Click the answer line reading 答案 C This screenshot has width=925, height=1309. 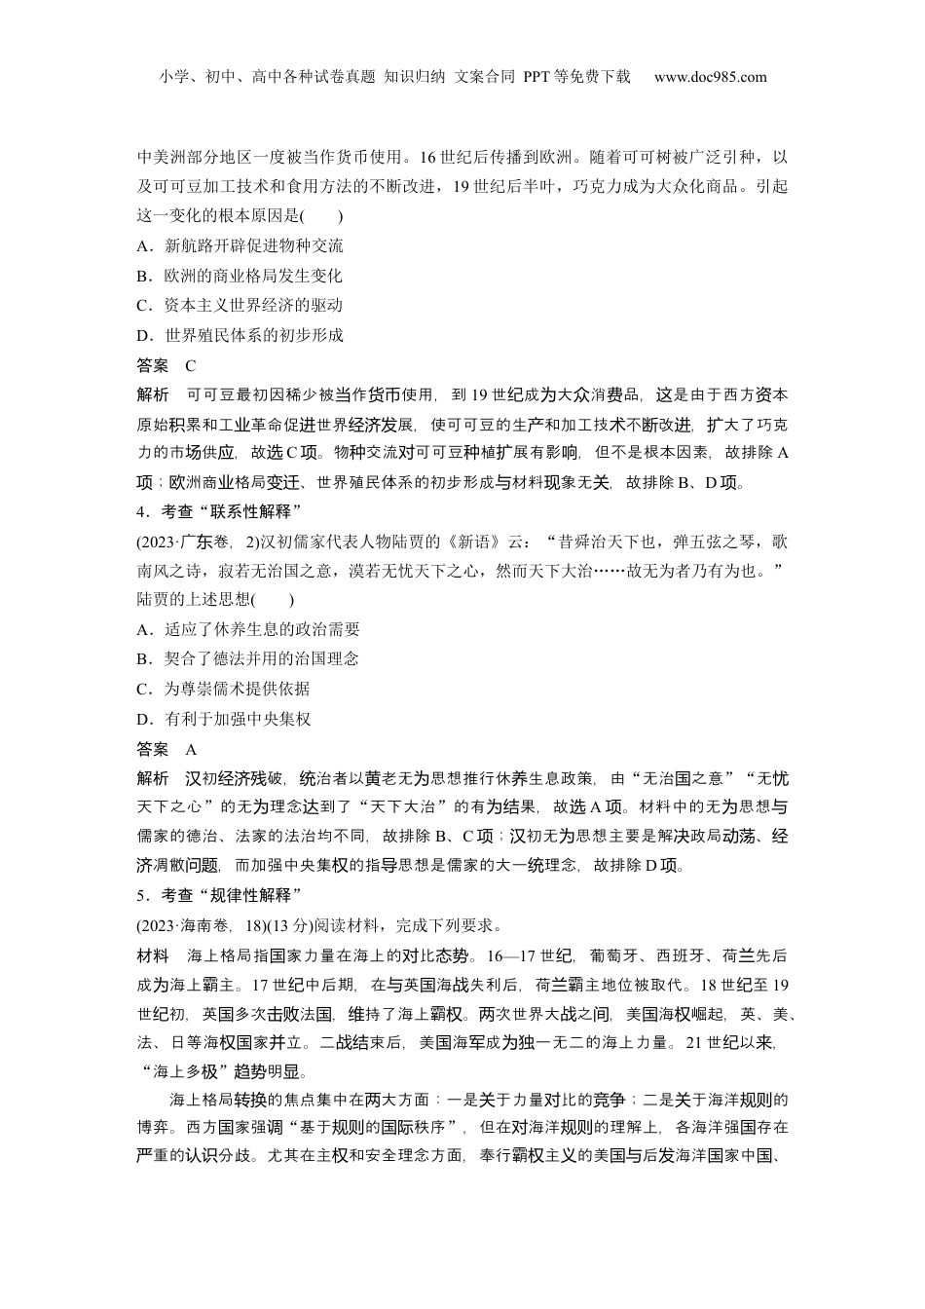pyautogui.click(x=166, y=365)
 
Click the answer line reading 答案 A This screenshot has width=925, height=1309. pyautogui.click(x=166, y=749)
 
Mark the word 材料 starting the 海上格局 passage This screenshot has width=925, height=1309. pyautogui.click(x=152, y=954)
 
